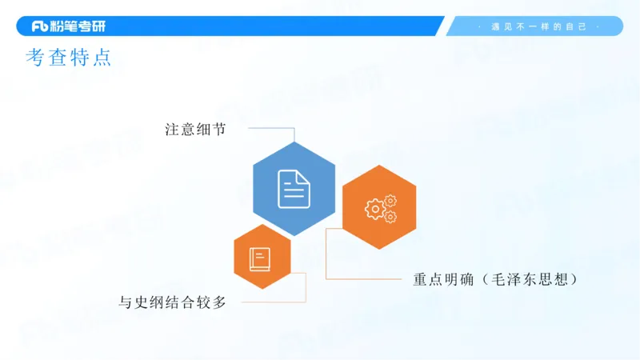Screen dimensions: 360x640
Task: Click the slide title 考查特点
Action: [x=69, y=58]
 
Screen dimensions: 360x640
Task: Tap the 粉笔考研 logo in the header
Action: [x=68, y=26]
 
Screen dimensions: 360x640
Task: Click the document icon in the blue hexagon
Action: [x=294, y=189]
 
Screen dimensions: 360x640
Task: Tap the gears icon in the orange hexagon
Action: [x=380, y=208]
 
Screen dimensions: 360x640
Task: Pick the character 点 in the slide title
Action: [x=102, y=58]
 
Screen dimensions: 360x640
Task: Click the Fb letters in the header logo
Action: [x=41, y=26]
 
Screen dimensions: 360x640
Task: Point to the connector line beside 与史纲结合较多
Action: [x=272, y=302]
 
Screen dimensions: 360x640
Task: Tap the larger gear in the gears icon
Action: [x=374, y=210]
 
